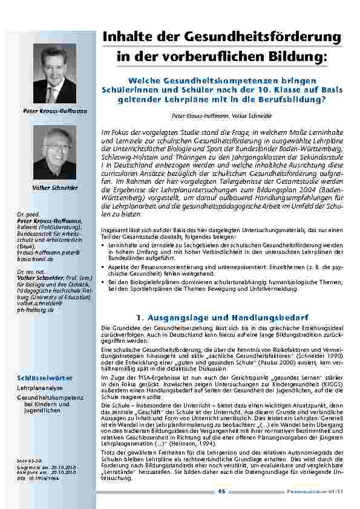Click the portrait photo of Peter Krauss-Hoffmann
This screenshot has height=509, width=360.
[x=54, y=73]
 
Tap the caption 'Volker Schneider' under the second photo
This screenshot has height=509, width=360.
[x=54, y=188]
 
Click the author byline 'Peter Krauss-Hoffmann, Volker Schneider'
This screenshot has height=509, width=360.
[x=222, y=115]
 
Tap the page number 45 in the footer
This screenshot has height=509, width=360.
[x=221, y=491]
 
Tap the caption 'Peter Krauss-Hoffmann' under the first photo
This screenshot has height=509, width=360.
[x=54, y=111]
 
